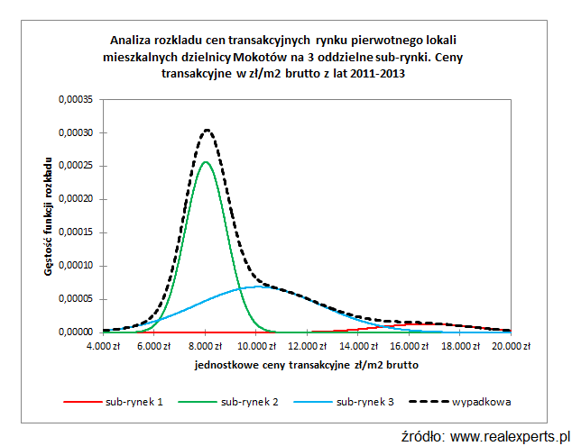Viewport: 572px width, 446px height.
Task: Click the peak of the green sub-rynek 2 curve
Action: pos(206,162)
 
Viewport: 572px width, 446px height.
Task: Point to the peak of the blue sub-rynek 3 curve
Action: pos(258,287)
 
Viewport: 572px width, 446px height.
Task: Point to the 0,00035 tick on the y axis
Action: pos(75,99)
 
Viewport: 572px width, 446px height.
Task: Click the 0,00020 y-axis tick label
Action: pos(75,199)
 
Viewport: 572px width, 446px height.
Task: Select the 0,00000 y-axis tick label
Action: pos(75,332)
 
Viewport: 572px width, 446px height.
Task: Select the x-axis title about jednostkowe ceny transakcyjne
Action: pos(306,366)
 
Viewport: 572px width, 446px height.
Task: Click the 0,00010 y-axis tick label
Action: pos(75,266)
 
